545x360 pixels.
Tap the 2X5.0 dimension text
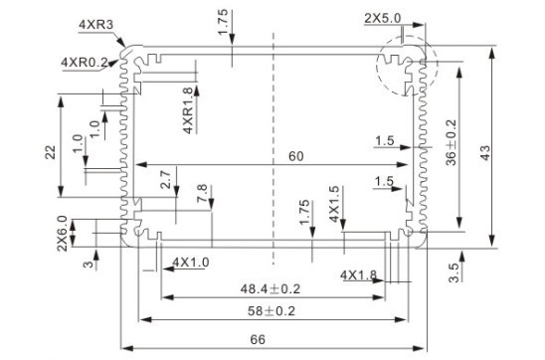tap(384, 18)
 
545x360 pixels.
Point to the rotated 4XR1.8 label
tap(188, 111)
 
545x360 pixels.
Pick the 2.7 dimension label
tap(165, 180)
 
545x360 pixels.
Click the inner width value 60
tap(296, 155)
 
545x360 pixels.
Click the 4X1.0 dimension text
tap(191, 262)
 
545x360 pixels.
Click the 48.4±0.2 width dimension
tap(271, 288)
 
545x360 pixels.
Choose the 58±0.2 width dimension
tap(271, 311)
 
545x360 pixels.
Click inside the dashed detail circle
tap(402, 69)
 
